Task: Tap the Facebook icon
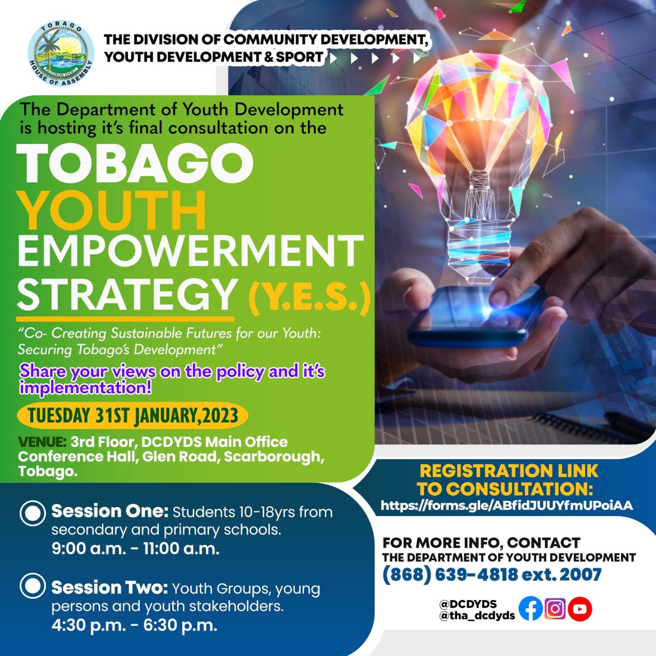point(530,609)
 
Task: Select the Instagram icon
point(555,609)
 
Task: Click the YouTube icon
point(580,609)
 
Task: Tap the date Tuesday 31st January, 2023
point(133,416)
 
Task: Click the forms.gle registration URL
point(507,505)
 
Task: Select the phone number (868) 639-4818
point(449,575)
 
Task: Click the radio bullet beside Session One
point(33,513)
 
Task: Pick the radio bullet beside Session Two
point(33,586)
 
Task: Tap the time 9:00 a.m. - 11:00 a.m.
point(136,549)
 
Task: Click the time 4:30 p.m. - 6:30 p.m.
point(134,625)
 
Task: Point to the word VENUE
point(42,442)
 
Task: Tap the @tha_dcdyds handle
point(477,616)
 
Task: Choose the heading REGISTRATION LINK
point(509,471)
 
